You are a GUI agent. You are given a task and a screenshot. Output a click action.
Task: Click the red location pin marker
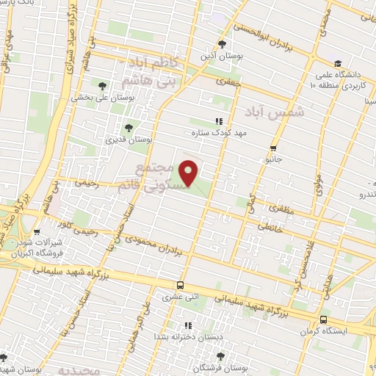189,173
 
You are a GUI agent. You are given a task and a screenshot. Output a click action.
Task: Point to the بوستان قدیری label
129,139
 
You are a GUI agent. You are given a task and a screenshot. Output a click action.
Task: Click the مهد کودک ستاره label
217,133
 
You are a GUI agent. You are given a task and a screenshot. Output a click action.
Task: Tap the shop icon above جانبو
274,147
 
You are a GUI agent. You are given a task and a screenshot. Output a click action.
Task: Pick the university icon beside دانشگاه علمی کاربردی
337,63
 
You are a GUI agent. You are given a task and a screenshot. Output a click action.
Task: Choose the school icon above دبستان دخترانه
187,325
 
